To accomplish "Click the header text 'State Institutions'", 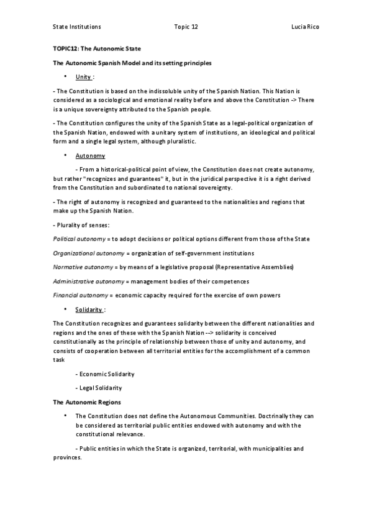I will click(x=77, y=27).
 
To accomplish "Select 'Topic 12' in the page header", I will click(x=186, y=27).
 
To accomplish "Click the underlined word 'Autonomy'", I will click(x=90, y=156).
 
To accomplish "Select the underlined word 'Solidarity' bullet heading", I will click(x=89, y=309).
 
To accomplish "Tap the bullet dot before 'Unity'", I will click(x=65, y=76).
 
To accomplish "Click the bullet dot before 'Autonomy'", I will click(x=65, y=155).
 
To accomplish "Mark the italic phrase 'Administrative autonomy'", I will click(x=86, y=281).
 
